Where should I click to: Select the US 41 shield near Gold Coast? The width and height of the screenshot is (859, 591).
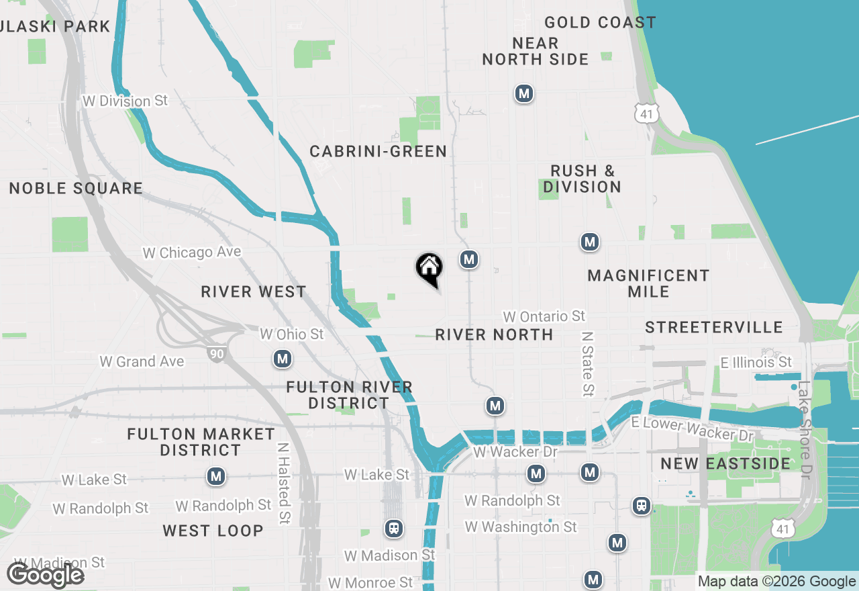[646, 113]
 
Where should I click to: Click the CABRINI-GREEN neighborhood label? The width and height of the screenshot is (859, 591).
[378, 152]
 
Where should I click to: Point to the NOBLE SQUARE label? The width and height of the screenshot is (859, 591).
[76, 189]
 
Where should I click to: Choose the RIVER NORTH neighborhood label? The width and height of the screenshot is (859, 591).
[494, 334]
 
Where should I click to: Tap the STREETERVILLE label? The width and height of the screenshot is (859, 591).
[714, 328]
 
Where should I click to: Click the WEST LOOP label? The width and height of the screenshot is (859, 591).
[213, 531]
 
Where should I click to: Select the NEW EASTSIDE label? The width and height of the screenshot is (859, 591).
[716, 464]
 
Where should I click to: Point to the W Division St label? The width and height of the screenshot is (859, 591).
[125, 101]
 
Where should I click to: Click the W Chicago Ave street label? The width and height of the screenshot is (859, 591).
[192, 253]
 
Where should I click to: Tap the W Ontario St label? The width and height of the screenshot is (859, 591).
[544, 316]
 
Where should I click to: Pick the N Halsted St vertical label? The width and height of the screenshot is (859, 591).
[283, 483]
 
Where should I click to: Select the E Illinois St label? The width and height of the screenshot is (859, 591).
[756, 363]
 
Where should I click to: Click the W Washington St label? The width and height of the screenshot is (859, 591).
[521, 527]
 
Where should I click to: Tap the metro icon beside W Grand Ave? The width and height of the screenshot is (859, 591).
[283, 359]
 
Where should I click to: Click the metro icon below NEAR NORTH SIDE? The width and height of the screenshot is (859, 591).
[524, 94]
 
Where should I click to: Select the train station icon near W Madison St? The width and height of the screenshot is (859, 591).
[394, 529]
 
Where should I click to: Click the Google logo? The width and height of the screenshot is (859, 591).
[45, 575]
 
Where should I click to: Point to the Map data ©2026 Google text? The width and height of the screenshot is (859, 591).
[776, 582]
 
